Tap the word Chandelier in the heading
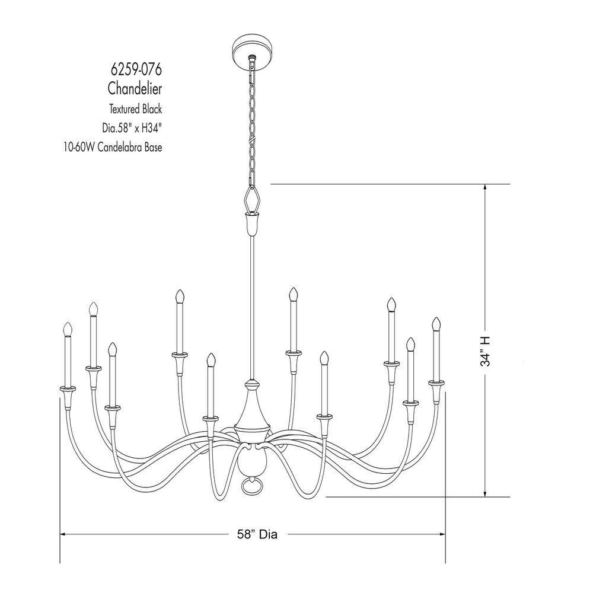tap(135, 89)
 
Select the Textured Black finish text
tap(135, 109)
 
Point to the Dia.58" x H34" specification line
tap(131, 127)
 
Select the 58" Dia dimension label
tap(253, 534)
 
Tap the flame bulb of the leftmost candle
tap(68, 329)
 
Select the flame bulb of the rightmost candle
tap(436, 324)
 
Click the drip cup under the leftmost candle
tap(68, 390)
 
